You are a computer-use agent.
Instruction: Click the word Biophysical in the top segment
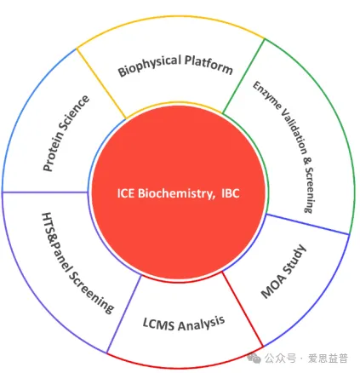[x=150, y=66]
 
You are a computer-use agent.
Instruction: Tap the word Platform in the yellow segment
[x=209, y=65]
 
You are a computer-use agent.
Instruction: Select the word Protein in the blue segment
[x=54, y=152]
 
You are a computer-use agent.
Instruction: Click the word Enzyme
[x=267, y=95]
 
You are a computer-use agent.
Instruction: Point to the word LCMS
[x=158, y=324]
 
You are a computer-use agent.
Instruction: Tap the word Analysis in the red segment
[x=201, y=324]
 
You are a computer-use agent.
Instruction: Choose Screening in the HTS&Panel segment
[x=91, y=290]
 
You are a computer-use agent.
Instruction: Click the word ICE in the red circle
[x=126, y=193]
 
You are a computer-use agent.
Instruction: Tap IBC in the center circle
[x=231, y=193]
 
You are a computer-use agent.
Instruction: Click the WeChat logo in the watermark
[x=254, y=359]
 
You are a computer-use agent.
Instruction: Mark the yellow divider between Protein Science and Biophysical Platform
[x=101, y=83]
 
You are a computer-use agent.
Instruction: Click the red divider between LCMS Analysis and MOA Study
[x=243, y=309]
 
